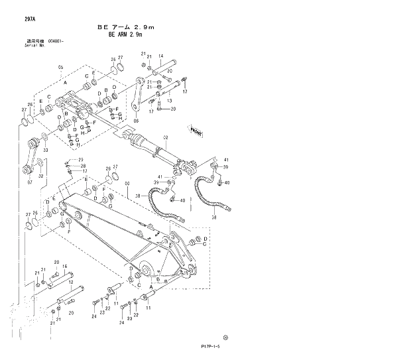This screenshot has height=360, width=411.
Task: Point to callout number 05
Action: click(60, 68)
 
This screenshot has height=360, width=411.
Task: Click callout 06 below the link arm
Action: click(137, 121)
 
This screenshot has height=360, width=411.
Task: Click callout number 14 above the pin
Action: click(161, 56)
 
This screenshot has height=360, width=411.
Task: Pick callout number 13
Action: click(170, 101)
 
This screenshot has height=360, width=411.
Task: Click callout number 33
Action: click(44, 150)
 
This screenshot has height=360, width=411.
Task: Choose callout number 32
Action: click(41, 176)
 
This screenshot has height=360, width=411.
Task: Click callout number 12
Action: click(70, 282)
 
